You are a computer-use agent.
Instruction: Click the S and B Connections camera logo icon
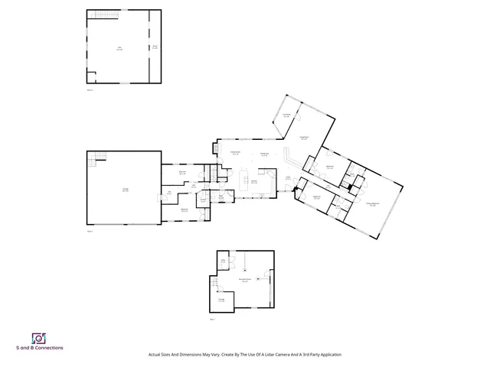pyautogui.click(x=38, y=337)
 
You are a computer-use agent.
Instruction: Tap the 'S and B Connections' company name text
pyautogui.click(x=39, y=348)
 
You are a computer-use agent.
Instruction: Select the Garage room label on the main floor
pyautogui.click(x=125, y=190)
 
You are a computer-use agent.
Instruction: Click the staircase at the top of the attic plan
pyautogui.click(x=103, y=15)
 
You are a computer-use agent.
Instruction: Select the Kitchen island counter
pyautogui.click(x=246, y=180)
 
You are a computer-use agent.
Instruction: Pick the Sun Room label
pyautogui.click(x=286, y=115)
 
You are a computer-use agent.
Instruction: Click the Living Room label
pyautogui.click(x=304, y=138)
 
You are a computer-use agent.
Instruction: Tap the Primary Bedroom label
pyautogui.click(x=371, y=204)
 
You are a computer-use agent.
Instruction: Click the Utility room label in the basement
pyautogui.click(x=224, y=261)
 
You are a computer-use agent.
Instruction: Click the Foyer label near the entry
pyautogui.click(x=288, y=178)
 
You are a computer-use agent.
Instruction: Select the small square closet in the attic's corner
pyautogui.click(x=91, y=75)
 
